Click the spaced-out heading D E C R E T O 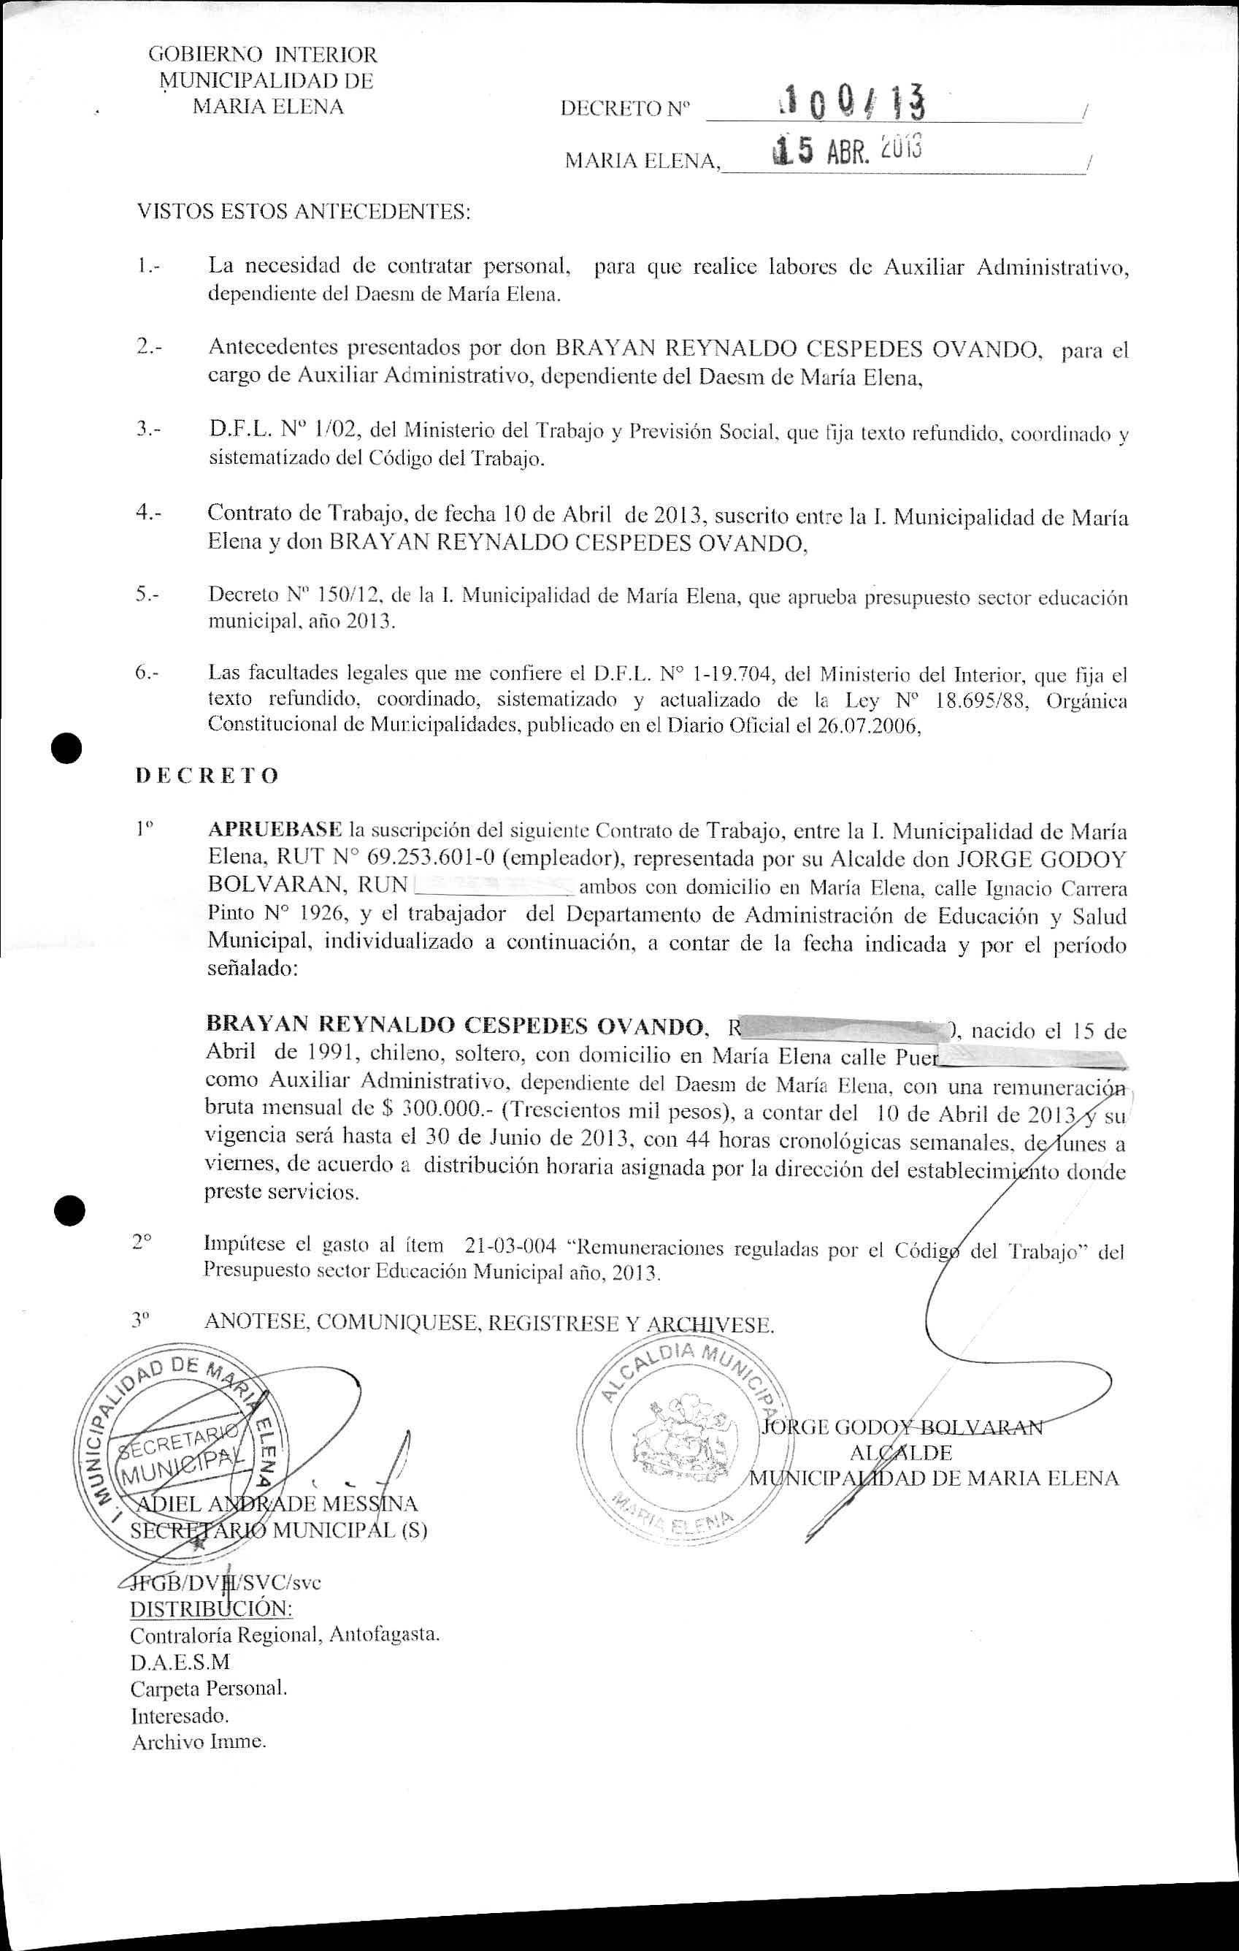207,776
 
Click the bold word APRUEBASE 275,831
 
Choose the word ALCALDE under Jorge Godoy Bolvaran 900,1452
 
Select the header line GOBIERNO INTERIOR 262,55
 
